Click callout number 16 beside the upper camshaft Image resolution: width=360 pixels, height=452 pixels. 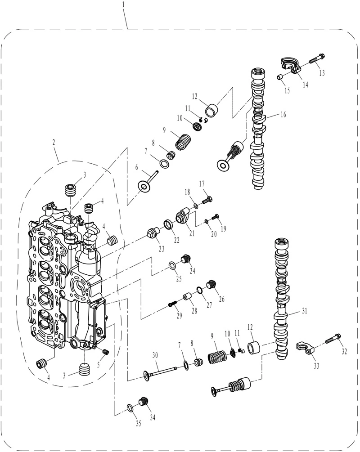tap(283, 114)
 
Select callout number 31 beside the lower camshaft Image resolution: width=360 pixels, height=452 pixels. tap(304, 311)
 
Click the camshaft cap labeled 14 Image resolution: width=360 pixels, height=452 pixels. tap(291, 66)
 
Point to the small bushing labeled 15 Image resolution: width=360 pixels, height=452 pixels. tap(280, 77)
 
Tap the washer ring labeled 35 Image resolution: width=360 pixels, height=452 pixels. tap(130, 408)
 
